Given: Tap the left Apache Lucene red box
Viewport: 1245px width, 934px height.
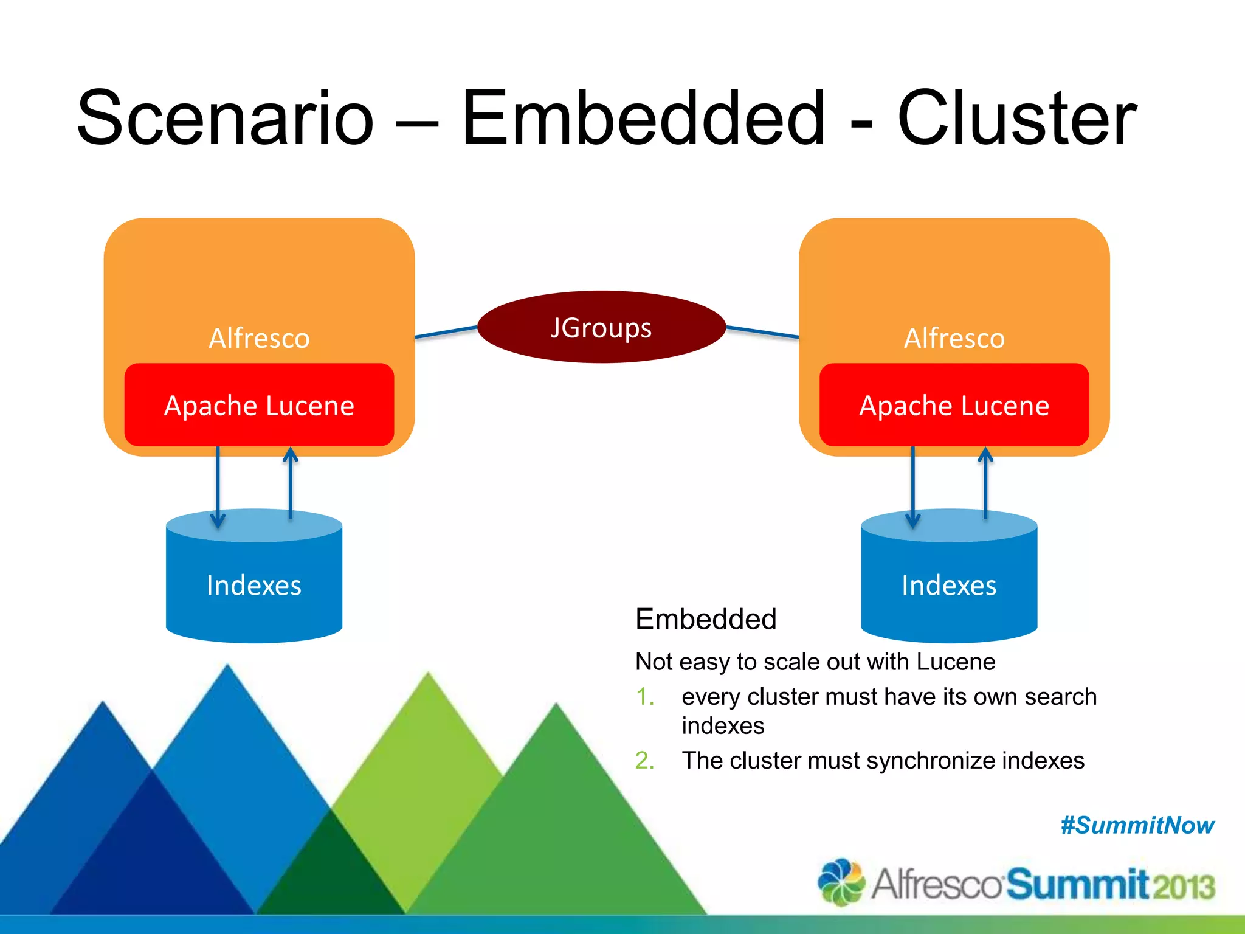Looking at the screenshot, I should [259, 405].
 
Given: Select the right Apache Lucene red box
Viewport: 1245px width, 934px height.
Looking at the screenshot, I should [954, 405].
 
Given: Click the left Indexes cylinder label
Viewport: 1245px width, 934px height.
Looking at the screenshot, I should [253, 585].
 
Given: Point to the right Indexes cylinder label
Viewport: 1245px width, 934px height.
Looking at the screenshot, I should [949, 585].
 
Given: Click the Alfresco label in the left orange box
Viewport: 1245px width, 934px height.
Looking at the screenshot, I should [259, 338].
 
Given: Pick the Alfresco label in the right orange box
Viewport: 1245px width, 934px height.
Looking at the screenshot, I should [954, 338].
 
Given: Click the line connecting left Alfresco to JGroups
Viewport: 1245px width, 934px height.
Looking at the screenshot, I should [446, 332].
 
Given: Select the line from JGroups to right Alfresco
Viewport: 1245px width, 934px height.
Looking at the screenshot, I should [762, 331].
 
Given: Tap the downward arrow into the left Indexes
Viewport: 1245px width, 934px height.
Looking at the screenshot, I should [218, 486].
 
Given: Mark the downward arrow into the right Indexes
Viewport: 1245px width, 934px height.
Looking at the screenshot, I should [912, 486].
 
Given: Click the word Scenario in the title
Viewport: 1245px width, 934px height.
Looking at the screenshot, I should [225, 118].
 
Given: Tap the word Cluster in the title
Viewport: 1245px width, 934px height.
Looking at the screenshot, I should [1016, 118].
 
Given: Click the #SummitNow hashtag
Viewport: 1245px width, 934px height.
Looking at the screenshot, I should [1137, 825].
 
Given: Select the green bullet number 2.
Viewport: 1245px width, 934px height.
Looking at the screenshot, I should [644, 761].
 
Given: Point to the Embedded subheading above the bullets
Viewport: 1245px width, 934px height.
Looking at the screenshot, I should [706, 619].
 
